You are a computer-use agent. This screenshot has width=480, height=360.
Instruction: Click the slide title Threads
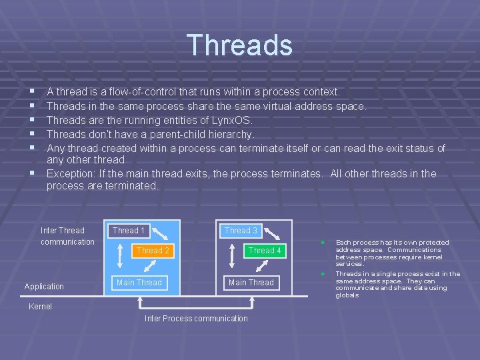coord(239,45)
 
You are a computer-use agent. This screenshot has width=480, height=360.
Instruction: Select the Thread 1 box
coord(129,231)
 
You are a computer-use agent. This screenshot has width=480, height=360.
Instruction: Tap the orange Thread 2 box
coord(153,251)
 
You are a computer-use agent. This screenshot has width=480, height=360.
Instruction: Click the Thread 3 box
coord(241,231)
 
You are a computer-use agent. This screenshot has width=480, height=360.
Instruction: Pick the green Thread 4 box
coord(265,251)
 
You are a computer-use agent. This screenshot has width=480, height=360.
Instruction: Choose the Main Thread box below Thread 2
coord(139,283)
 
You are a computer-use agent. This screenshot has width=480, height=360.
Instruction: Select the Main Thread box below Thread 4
coord(251,283)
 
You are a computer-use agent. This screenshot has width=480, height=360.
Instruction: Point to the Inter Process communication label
coord(196,319)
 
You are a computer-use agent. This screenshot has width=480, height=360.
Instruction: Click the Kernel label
coord(40,307)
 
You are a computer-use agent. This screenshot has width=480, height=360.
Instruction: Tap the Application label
coord(44,287)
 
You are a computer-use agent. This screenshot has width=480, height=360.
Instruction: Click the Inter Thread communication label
coord(67,236)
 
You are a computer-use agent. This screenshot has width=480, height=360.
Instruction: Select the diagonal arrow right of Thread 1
coord(161,233)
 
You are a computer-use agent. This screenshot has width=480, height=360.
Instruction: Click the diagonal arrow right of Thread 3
coord(273,233)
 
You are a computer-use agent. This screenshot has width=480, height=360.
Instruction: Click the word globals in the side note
coord(347,295)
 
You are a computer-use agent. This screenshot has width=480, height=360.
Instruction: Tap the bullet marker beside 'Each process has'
coord(322,242)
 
